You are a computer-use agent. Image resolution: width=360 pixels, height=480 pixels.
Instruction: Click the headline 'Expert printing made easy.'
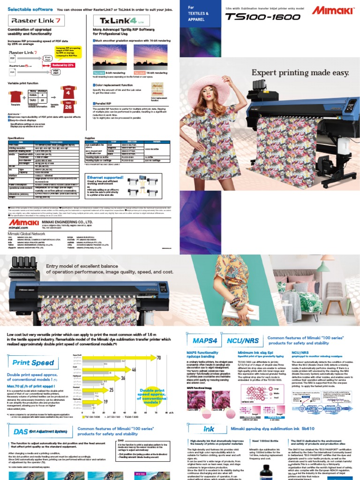(300, 73)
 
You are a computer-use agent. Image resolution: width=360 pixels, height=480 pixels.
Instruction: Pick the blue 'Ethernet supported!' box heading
(106, 177)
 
